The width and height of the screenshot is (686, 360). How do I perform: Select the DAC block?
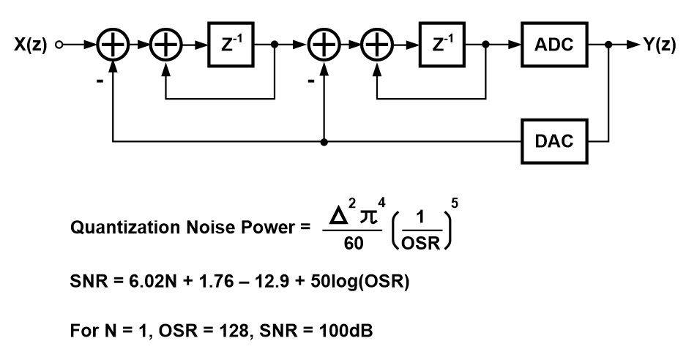click(x=553, y=140)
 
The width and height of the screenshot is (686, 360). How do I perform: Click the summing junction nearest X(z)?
click(x=111, y=45)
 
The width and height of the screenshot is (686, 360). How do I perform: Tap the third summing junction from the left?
click(x=322, y=45)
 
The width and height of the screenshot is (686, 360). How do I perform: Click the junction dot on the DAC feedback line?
click(x=322, y=140)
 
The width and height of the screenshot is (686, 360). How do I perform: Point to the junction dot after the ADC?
click(x=609, y=45)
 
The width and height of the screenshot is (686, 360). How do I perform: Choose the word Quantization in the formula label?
click(x=116, y=229)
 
